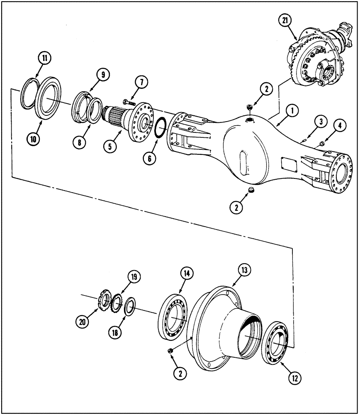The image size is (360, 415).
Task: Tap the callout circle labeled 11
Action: tap(45, 58)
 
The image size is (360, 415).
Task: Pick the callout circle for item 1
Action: tap(292, 111)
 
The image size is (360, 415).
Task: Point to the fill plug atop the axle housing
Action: tap(249, 108)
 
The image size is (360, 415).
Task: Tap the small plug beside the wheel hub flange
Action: tap(170, 351)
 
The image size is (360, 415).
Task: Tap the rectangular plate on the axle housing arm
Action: tap(289, 164)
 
